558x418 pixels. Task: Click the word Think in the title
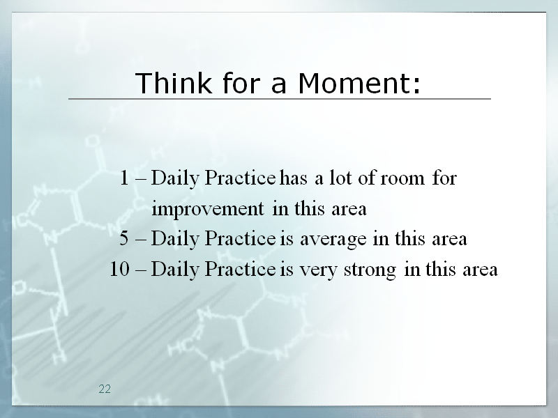pos(173,82)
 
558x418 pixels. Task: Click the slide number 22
pos(105,389)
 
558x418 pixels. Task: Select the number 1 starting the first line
pos(124,178)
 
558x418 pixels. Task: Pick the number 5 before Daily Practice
pos(124,238)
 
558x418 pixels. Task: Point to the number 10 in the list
pos(119,268)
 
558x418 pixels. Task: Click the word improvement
pos(208,208)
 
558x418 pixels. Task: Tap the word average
pos(333,239)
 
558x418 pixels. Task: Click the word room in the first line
pos(402,178)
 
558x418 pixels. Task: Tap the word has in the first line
pos(293,178)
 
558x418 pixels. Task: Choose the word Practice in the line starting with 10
pos(240,268)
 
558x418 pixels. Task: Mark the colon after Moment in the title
pos(416,85)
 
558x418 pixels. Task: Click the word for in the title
pos(243,82)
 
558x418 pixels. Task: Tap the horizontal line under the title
pos(280,99)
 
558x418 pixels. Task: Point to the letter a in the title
pos(278,85)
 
